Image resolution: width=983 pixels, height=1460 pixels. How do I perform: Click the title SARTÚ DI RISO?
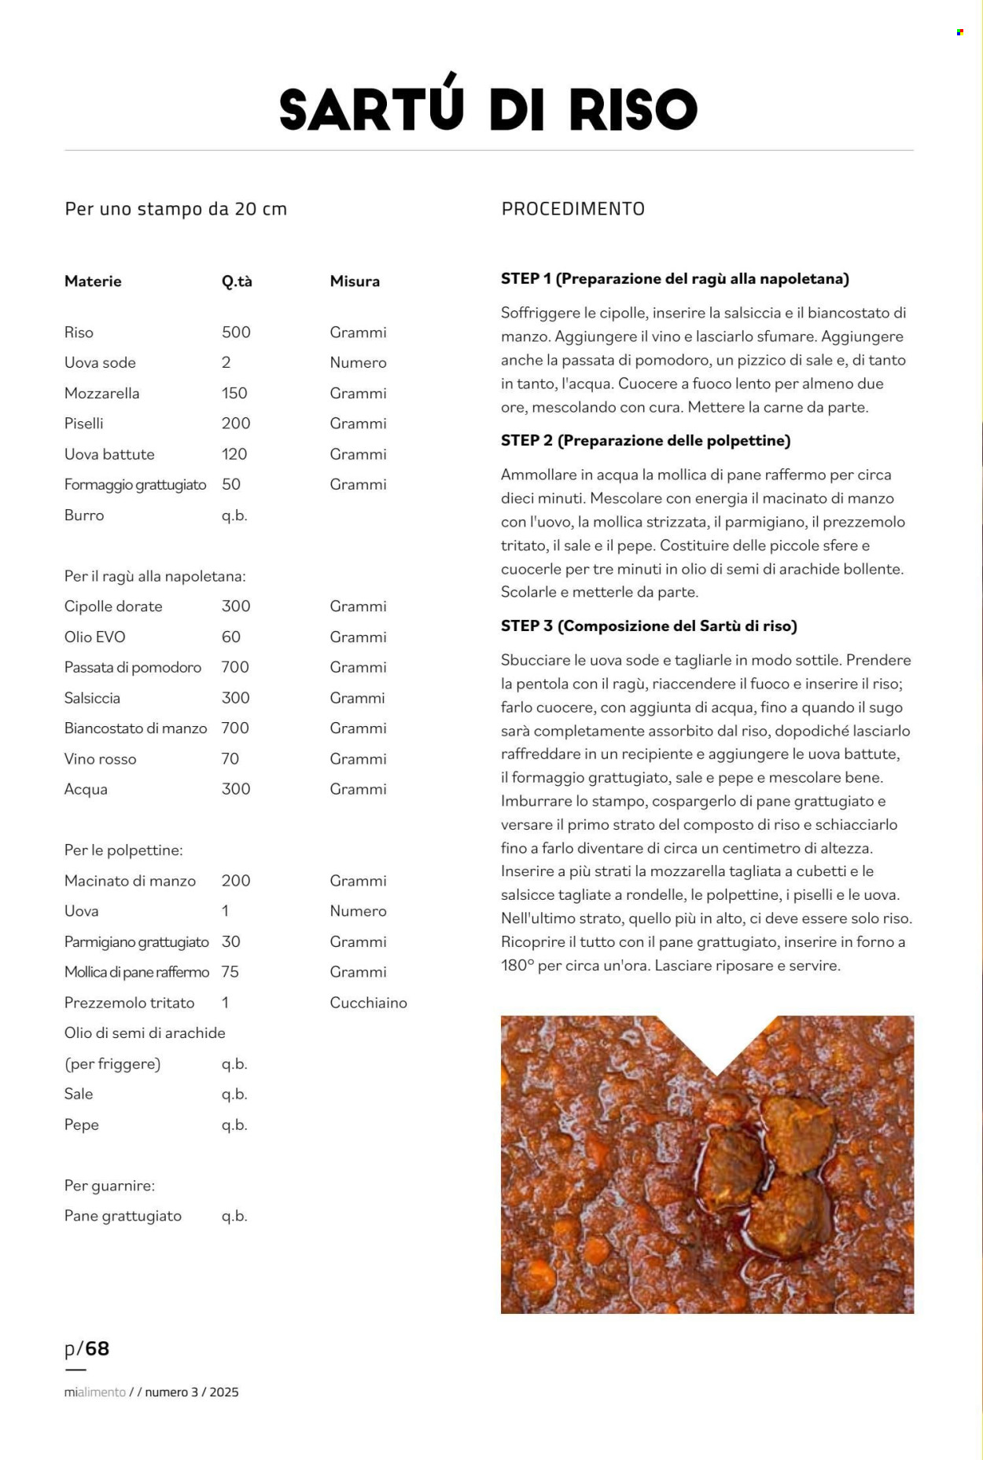click(488, 108)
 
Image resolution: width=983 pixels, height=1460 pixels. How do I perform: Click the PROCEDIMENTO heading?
click(572, 209)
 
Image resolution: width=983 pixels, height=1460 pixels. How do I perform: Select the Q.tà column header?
click(237, 281)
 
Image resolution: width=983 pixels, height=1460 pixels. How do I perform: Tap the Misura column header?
click(355, 281)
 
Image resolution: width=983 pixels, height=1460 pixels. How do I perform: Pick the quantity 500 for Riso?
click(236, 332)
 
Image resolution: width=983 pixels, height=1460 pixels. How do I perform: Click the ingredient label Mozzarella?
click(101, 393)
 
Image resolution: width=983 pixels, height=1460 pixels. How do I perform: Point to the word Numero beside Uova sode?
click(358, 363)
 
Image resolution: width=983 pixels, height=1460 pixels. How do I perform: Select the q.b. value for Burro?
click(234, 515)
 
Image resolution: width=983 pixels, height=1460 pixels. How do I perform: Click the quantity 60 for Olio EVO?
click(231, 637)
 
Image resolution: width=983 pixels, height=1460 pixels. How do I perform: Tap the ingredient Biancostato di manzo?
click(135, 728)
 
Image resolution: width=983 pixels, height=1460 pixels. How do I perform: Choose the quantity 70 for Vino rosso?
click(230, 759)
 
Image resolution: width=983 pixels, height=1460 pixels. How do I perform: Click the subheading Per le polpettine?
click(123, 850)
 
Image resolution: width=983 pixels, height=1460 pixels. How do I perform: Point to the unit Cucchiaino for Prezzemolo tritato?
click(368, 1003)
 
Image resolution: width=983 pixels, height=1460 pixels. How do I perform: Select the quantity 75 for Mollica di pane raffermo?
click(230, 972)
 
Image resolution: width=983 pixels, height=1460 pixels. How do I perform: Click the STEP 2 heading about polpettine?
click(645, 441)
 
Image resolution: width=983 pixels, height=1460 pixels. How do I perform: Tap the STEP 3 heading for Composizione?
click(649, 626)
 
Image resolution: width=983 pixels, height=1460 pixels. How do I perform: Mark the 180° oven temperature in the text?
click(517, 966)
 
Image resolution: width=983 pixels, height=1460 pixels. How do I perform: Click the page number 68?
click(97, 1349)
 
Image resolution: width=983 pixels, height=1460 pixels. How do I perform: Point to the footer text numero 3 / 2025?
click(191, 1392)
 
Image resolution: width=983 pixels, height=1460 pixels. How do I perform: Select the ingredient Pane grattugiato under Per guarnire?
click(123, 1216)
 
